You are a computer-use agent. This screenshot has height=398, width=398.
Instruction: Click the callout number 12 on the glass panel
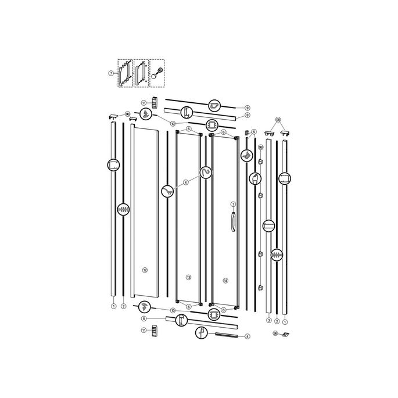tap(145, 270)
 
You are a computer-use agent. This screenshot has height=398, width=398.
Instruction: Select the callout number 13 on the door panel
tap(188, 277)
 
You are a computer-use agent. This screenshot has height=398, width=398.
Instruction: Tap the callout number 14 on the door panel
tap(225, 280)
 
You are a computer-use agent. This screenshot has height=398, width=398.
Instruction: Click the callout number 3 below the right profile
tap(269, 320)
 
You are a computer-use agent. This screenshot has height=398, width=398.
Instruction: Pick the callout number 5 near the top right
tap(254, 132)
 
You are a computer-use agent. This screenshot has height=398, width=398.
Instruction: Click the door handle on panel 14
tap(232, 222)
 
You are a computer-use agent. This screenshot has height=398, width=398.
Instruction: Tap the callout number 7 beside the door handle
tap(232, 204)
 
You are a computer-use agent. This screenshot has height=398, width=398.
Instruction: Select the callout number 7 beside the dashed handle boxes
tap(111, 73)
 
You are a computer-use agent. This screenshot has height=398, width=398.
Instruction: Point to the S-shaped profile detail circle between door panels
tap(206, 172)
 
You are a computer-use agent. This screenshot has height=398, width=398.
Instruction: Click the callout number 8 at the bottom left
tap(144, 319)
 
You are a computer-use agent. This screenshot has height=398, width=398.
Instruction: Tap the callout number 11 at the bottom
tap(144, 330)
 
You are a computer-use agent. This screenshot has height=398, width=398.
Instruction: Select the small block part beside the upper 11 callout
tap(155, 102)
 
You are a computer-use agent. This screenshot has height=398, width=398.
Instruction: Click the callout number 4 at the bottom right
tap(247, 336)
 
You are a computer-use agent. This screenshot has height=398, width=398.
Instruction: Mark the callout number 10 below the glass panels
tap(173, 310)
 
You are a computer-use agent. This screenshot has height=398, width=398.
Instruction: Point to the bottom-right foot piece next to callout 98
tap(286, 335)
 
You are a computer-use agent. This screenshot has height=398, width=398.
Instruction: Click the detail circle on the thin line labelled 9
tap(215, 105)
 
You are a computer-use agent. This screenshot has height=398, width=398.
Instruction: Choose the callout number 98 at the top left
tap(128, 114)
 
